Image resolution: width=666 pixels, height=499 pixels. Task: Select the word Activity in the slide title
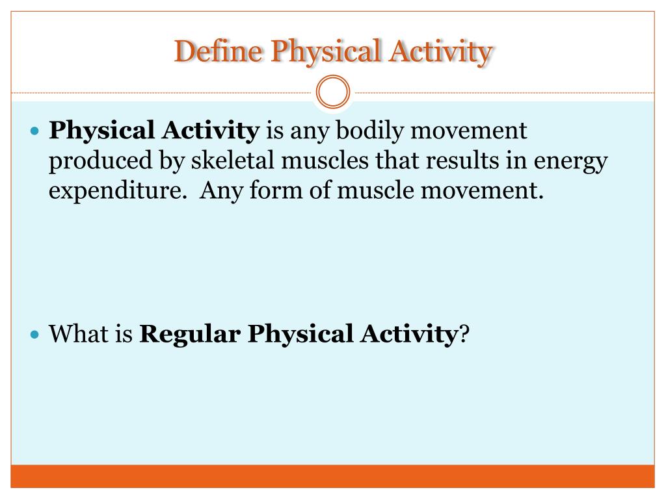pyautogui.click(x=441, y=52)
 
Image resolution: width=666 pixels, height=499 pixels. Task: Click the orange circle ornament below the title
pyautogui.click(x=332, y=92)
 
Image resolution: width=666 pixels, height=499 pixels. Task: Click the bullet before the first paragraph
pyautogui.click(x=36, y=131)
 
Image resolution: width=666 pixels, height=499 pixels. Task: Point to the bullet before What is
pyautogui.click(x=36, y=335)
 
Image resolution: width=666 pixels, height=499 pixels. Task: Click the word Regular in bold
pyautogui.click(x=191, y=335)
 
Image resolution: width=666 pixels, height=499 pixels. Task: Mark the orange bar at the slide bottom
pyautogui.click(x=332, y=476)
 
